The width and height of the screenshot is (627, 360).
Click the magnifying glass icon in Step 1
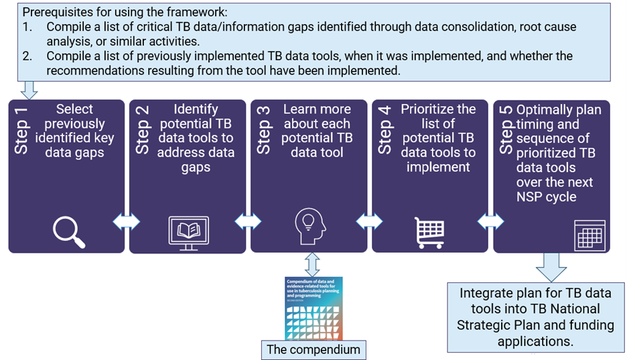(x=68, y=231)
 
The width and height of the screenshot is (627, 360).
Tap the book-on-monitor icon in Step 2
(x=188, y=231)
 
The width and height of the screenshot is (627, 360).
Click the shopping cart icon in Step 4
(x=429, y=232)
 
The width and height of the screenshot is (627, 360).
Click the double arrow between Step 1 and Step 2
(x=127, y=221)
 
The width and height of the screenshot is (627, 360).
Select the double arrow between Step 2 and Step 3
(x=248, y=221)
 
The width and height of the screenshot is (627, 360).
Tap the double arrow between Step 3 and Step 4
(x=369, y=221)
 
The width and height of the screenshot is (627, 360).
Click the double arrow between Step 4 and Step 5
(x=490, y=221)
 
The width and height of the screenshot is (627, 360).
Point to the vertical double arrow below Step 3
(x=312, y=263)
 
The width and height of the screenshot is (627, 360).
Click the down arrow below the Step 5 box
(x=551, y=267)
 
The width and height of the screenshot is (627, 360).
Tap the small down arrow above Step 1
(x=29, y=90)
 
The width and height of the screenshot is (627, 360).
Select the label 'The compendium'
(x=313, y=349)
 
